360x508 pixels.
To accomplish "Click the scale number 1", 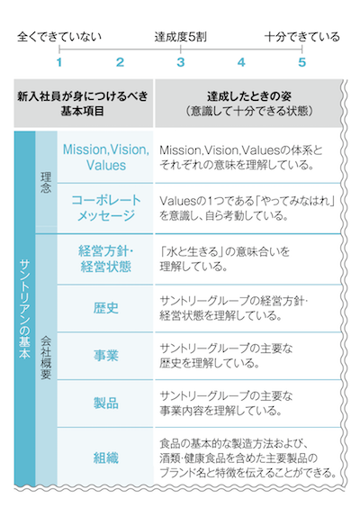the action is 59,62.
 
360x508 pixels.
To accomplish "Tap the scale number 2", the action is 120,62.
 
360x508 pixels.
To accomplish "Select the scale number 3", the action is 181,62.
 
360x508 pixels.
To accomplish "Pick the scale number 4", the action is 241,62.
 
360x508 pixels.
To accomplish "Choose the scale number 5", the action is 302,62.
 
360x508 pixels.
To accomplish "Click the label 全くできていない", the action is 59,37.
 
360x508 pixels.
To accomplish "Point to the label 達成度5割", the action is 180,37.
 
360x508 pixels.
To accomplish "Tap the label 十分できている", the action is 302,37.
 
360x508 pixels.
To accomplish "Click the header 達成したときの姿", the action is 249,96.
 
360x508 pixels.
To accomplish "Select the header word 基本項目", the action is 82,111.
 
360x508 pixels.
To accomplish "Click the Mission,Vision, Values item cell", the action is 105,157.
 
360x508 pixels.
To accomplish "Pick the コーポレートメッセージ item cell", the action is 105,208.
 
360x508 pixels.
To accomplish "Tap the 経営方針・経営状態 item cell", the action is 105,259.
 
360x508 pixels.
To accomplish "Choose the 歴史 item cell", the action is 105,308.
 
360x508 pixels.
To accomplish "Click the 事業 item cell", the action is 105,356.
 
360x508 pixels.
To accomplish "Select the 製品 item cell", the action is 105,404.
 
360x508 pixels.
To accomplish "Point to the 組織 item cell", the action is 105,458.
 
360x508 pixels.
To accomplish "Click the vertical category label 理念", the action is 46,183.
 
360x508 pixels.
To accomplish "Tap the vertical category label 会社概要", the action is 46,358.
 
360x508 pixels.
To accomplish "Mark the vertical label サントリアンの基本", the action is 24,309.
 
